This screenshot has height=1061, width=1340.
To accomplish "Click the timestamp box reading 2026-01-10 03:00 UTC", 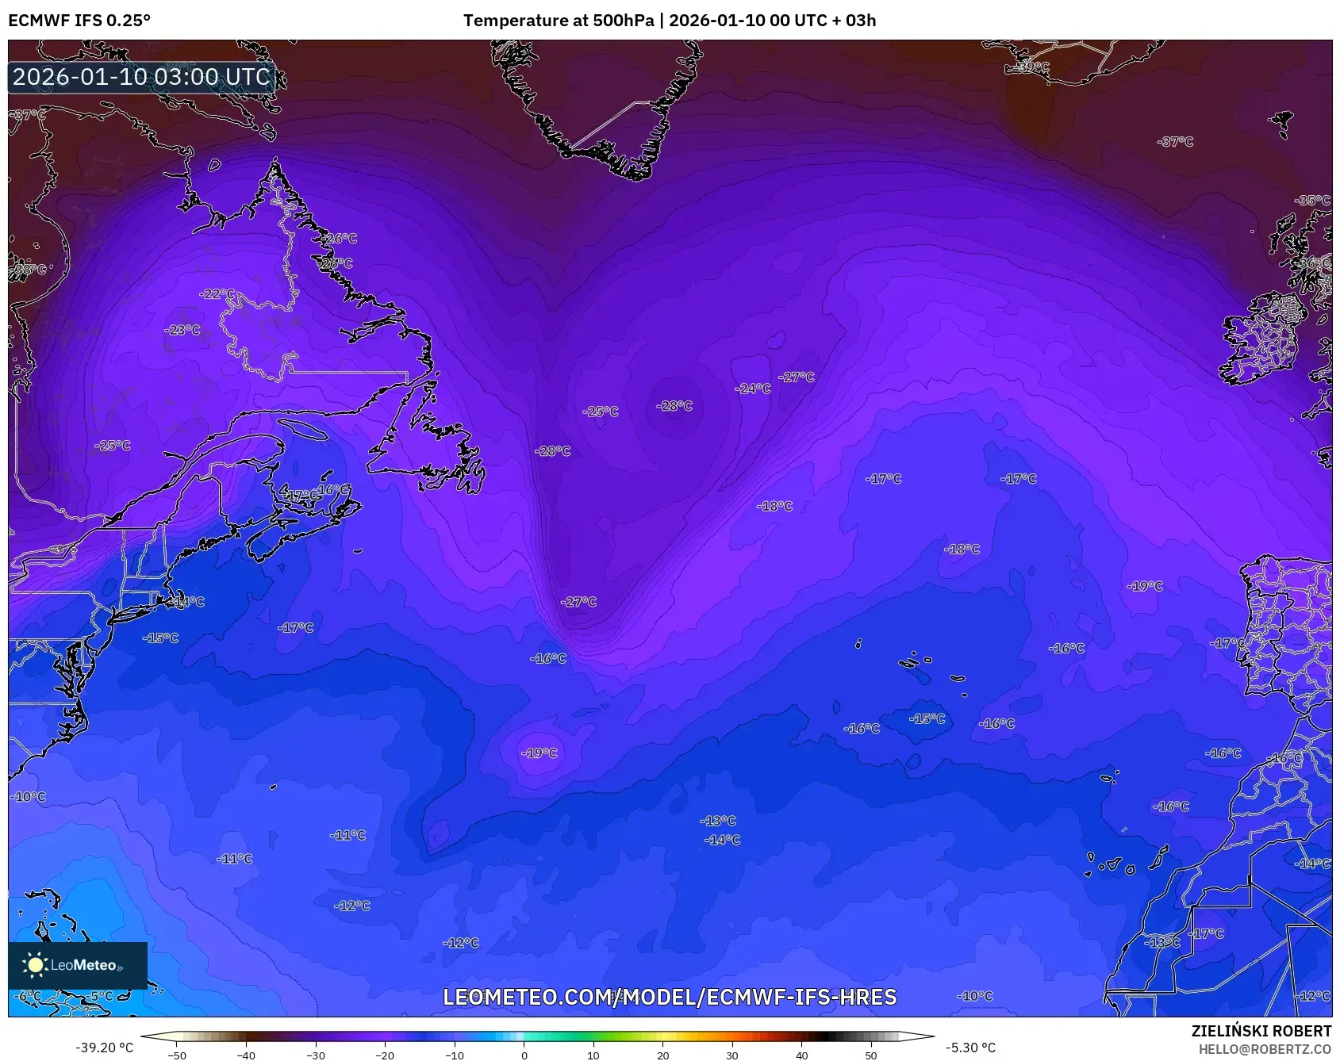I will click(x=141, y=77).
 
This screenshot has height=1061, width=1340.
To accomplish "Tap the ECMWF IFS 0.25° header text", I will click(x=79, y=21).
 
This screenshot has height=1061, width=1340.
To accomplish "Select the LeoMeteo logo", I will click(x=77, y=965).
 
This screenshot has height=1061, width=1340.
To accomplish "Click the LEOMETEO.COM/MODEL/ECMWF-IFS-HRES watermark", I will click(x=670, y=997).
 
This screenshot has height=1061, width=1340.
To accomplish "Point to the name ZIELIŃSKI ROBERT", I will click(x=1261, y=1031).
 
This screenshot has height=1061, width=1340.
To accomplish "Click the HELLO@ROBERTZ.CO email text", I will click(x=1264, y=1049).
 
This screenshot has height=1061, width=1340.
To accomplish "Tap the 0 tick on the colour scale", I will click(x=524, y=1055).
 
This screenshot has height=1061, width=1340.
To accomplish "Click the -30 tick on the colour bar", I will click(x=316, y=1055).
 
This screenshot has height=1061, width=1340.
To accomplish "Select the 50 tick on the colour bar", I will click(x=871, y=1055).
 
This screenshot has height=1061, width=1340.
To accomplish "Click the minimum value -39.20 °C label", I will click(x=104, y=1048).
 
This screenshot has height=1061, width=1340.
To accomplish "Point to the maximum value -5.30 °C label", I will click(x=970, y=1048).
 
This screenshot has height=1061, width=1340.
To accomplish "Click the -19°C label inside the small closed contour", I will click(x=539, y=753).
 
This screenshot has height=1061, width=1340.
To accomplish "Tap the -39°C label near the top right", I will click(x=1032, y=67).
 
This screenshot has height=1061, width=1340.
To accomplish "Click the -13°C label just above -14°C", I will click(x=718, y=821).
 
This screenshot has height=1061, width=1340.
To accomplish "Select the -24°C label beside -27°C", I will click(x=753, y=389).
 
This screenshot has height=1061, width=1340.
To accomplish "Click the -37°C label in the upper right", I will click(x=1176, y=141).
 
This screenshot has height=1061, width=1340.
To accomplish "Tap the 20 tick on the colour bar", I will click(x=662, y=1055).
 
